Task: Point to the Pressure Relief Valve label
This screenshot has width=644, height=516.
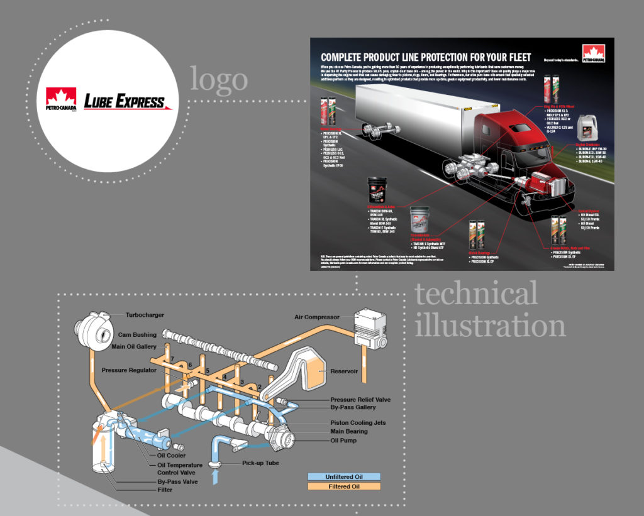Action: pyautogui.click(x=360, y=400)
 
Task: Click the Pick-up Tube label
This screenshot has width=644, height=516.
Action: pyautogui.click(x=260, y=463)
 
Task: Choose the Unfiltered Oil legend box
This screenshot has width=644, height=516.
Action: pyautogui.click(x=344, y=477)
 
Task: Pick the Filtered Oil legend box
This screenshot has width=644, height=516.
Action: pyautogui.click(x=344, y=486)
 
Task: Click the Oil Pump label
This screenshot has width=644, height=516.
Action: pyautogui.click(x=343, y=440)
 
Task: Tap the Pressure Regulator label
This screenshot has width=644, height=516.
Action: pyautogui.click(x=129, y=370)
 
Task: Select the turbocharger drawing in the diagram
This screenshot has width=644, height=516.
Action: pyautogui.click(x=91, y=324)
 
